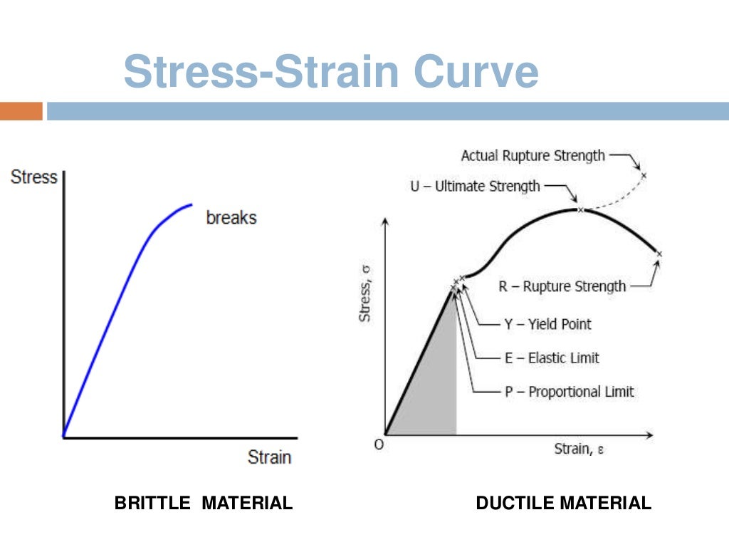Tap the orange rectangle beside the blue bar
(x=21, y=111)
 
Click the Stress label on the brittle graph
(x=33, y=177)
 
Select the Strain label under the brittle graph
(x=269, y=457)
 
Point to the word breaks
(x=231, y=217)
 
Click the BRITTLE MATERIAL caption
(x=203, y=504)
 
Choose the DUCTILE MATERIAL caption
(x=563, y=504)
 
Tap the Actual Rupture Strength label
(x=533, y=155)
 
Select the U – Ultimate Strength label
(x=475, y=186)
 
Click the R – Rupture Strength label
(x=562, y=286)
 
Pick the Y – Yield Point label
(x=547, y=324)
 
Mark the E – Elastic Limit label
(x=552, y=358)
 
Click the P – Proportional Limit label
(x=569, y=391)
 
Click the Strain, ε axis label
(x=579, y=449)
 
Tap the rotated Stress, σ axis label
(x=365, y=293)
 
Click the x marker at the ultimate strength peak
(x=580, y=209)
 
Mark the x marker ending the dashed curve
(x=644, y=175)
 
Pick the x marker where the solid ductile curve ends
(x=659, y=254)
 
